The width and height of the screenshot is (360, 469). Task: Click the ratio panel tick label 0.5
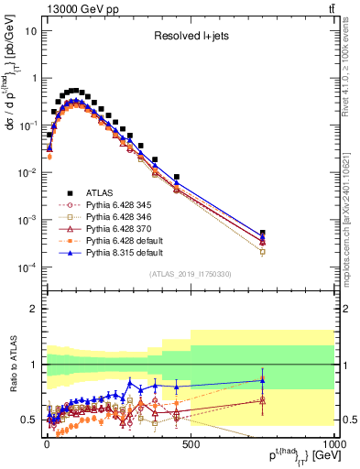(29, 420)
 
